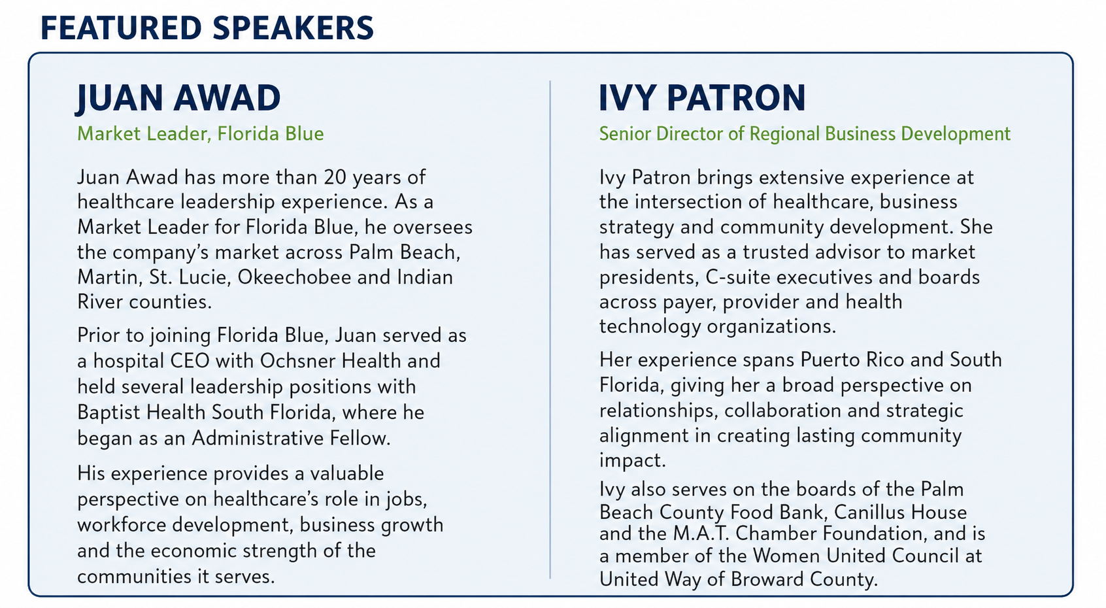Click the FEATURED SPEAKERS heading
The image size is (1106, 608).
207,27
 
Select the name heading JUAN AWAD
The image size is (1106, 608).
178,98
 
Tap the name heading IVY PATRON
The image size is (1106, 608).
702,97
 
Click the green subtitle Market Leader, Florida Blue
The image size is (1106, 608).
201,134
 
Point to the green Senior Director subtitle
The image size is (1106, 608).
805,134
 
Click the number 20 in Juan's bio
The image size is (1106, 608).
335,177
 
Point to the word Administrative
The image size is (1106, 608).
258,438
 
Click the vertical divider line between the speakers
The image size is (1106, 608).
550,329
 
